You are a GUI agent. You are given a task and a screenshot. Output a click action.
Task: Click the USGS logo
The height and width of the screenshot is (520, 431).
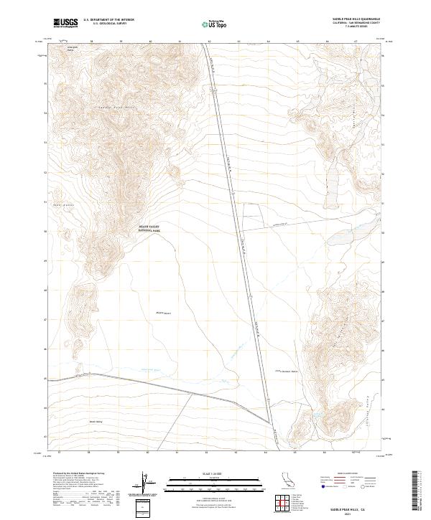[x=66, y=23]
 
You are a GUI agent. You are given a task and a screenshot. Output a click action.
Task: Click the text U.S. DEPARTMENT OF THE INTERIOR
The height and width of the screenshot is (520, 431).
[x=108, y=20]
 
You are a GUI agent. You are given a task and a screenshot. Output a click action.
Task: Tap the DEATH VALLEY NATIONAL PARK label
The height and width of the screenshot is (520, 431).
[x=149, y=229]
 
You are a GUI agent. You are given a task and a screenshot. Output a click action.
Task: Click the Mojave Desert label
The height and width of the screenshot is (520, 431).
[x=164, y=313]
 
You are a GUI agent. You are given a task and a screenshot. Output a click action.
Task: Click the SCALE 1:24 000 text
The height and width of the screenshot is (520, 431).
[x=215, y=473]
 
